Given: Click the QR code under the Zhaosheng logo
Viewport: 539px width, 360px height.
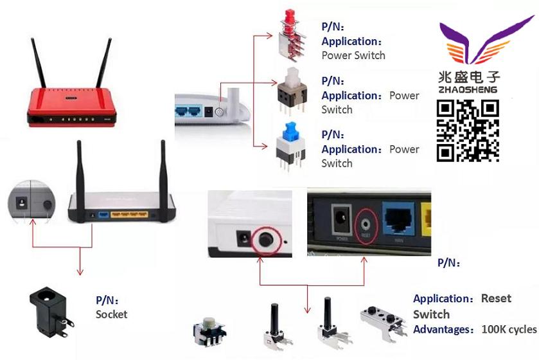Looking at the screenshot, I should (x=468, y=131).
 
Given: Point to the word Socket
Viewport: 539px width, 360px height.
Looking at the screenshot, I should (x=112, y=314).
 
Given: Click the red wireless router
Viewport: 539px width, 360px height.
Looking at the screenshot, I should (x=71, y=102).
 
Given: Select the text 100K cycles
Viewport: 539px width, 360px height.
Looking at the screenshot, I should (x=509, y=330).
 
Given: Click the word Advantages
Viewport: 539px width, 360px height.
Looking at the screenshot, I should (x=443, y=330).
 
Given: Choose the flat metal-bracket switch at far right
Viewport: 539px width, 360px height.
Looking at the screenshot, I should (x=383, y=321).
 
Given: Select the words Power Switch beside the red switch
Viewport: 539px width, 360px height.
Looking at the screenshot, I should (x=353, y=55).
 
